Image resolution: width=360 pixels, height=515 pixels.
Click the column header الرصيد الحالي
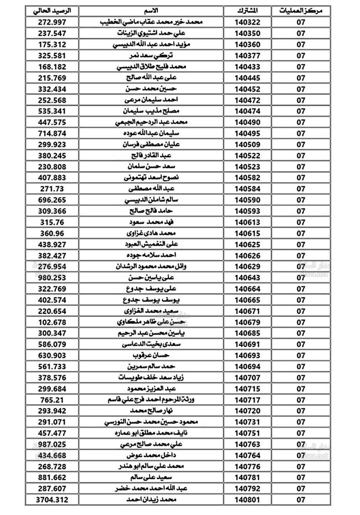(52, 11)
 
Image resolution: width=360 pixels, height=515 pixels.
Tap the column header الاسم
(151, 11)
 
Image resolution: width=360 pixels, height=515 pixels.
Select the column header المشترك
(247, 11)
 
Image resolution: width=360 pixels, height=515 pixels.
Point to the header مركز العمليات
(301, 11)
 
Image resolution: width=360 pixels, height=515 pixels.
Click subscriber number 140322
(247, 22)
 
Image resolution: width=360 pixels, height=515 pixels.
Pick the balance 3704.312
(52, 500)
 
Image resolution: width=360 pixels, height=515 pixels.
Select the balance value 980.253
(52, 278)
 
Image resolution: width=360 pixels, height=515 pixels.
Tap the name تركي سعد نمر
(151, 55)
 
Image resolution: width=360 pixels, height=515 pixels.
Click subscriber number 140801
(247, 500)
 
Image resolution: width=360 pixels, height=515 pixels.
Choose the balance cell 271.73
(52, 189)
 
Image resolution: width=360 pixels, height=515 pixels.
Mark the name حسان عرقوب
(151, 355)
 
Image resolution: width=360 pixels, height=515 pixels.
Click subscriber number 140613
(247, 222)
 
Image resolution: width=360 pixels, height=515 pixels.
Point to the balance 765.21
(52, 400)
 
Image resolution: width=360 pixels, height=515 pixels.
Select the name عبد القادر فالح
(151, 156)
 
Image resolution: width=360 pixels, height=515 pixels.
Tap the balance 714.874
(52, 133)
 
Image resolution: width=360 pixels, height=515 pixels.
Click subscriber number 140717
(247, 400)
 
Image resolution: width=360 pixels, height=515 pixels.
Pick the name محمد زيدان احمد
(151, 500)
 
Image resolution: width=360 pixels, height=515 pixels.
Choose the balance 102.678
(52, 322)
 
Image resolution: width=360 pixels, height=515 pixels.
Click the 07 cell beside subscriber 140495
(301, 133)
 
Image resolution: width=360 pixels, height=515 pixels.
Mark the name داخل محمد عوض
(151, 455)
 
